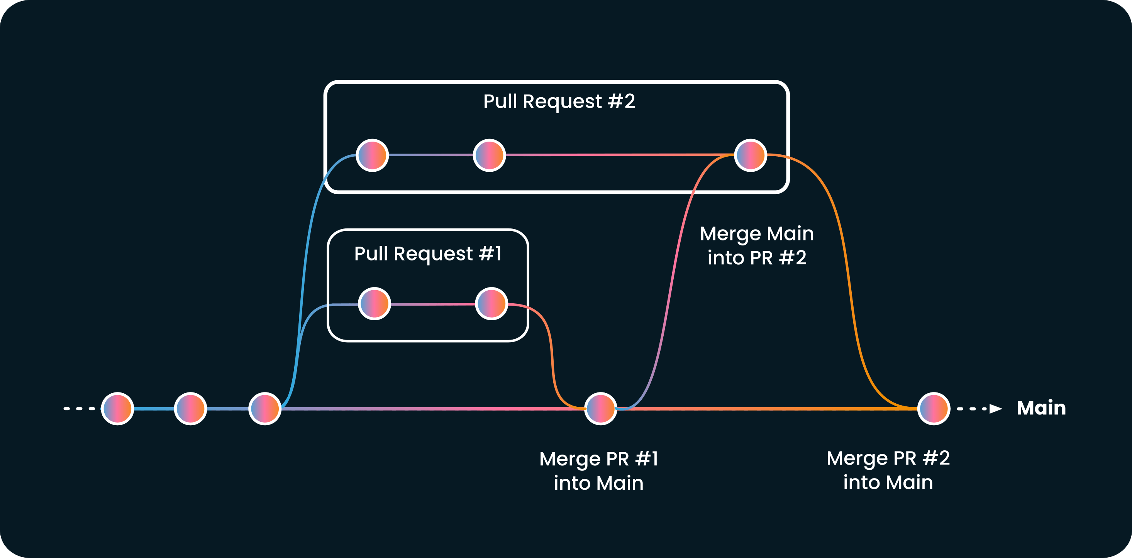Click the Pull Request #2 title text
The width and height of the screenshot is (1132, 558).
click(x=559, y=101)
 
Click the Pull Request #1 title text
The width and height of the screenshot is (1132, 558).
click(x=427, y=254)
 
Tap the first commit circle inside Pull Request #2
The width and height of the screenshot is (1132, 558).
click(x=372, y=155)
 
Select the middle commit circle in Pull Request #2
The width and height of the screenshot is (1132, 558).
click(x=489, y=155)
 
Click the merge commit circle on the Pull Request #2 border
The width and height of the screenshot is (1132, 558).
click(x=751, y=155)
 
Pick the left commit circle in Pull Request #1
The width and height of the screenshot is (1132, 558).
click(x=375, y=304)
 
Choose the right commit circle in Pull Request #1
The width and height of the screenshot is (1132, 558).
click(x=491, y=304)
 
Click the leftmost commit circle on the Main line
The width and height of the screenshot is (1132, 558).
click(x=117, y=408)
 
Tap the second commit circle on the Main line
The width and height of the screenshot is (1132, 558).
click(x=190, y=408)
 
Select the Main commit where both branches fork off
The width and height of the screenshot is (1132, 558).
click(x=264, y=408)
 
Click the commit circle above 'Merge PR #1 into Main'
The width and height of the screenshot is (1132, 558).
click(x=600, y=408)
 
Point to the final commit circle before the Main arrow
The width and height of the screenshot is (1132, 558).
click(x=934, y=408)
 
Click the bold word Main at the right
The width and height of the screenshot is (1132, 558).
click(x=1041, y=408)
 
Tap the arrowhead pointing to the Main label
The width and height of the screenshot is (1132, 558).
click(x=995, y=409)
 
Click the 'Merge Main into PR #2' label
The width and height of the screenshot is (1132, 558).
click(x=757, y=245)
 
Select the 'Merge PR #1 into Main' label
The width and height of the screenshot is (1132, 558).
click(x=598, y=470)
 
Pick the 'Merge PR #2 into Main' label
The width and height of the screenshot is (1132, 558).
click(x=888, y=470)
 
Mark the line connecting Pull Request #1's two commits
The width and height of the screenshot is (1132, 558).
click(x=433, y=304)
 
